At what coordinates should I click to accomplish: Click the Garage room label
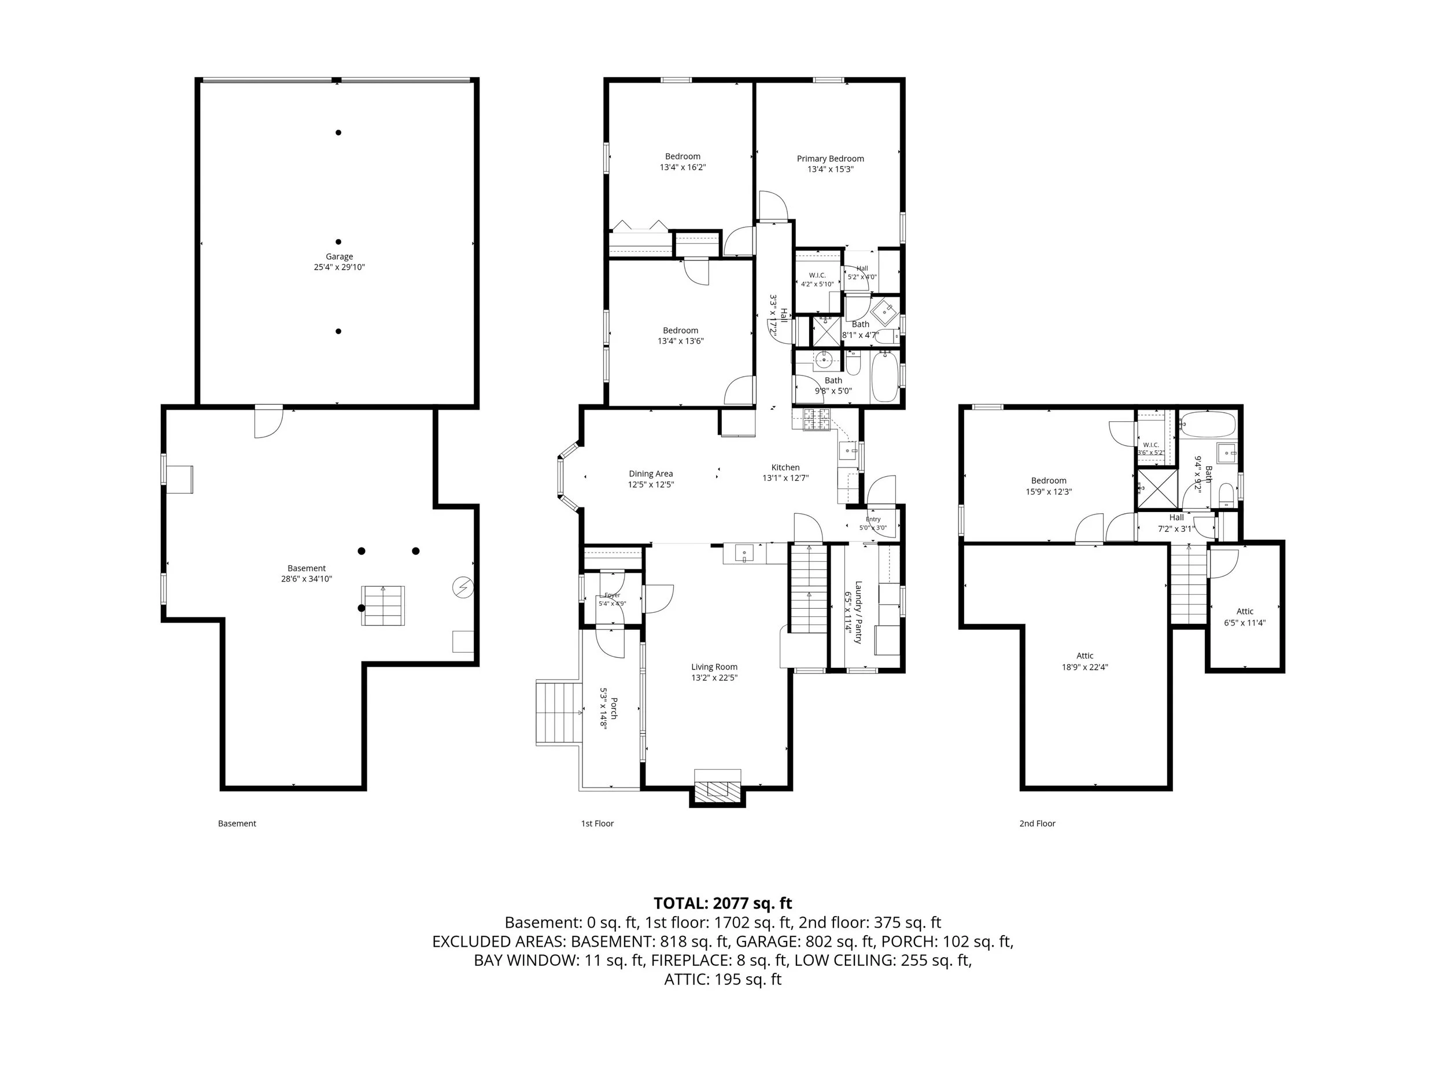click(340, 257)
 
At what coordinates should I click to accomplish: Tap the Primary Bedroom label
click(830, 159)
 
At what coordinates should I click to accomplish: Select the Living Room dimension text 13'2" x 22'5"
click(714, 678)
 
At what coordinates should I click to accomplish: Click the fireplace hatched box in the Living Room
click(718, 790)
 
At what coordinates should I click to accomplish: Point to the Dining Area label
click(651, 474)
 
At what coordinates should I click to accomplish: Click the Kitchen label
click(785, 468)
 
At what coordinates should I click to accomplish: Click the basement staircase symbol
click(383, 606)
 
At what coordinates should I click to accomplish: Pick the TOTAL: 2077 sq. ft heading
click(722, 903)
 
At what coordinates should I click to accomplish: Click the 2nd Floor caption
click(1038, 823)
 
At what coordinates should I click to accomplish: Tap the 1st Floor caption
click(597, 823)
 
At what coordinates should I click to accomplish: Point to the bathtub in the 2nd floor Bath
click(1209, 424)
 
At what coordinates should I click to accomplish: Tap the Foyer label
click(612, 595)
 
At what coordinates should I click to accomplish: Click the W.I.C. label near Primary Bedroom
click(817, 275)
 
